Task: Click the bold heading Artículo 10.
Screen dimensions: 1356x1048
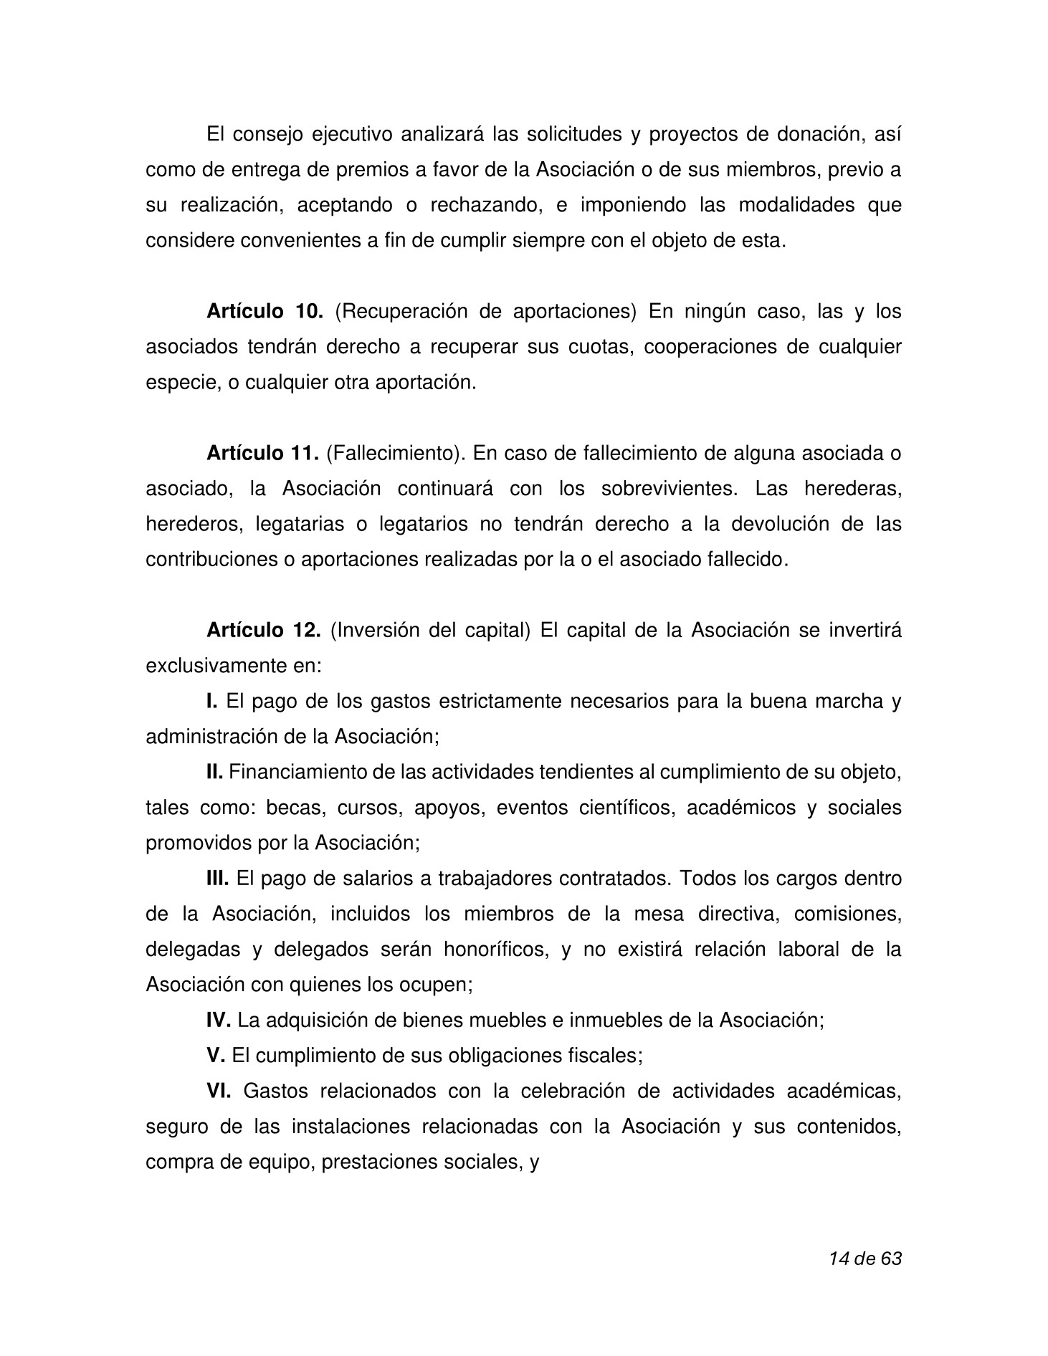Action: coord(265,312)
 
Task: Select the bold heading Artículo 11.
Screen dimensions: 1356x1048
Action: coord(262,453)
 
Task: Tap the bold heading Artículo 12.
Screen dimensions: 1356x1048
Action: coord(264,630)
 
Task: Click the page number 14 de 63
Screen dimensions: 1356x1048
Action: coord(864,1258)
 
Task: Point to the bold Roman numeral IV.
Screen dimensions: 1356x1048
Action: coord(218,1019)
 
